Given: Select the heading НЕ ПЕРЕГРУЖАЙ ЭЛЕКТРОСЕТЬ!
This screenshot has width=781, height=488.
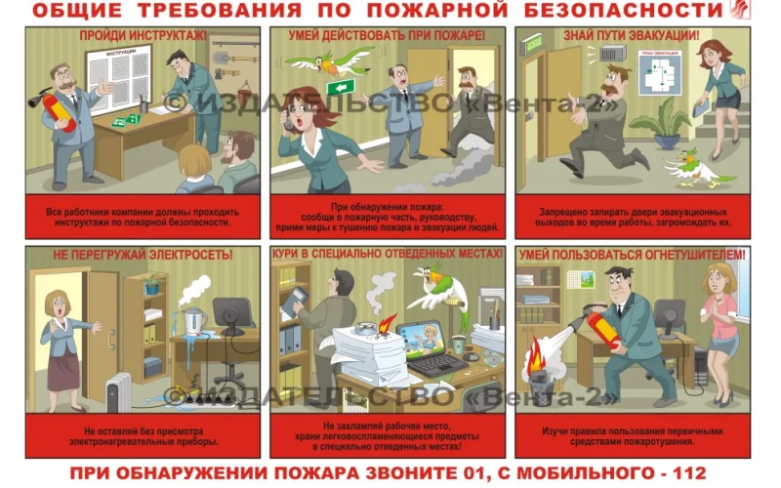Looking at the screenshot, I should point(144,256).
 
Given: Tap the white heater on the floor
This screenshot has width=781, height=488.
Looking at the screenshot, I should point(118,390).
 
